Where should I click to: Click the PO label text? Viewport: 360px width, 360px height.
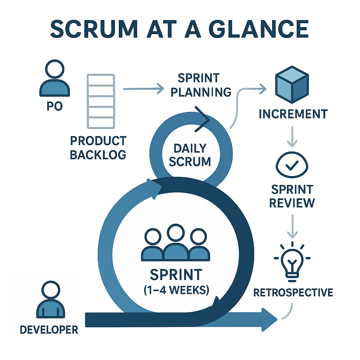point(54,106)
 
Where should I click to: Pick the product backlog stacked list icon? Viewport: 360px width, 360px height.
point(101,101)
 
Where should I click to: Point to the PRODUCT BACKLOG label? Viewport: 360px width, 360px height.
point(98,148)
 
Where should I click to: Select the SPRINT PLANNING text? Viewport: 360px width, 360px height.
point(199,85)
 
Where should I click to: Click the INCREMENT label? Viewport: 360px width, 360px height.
point(293,114)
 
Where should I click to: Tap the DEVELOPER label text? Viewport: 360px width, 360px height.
point(49,329)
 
